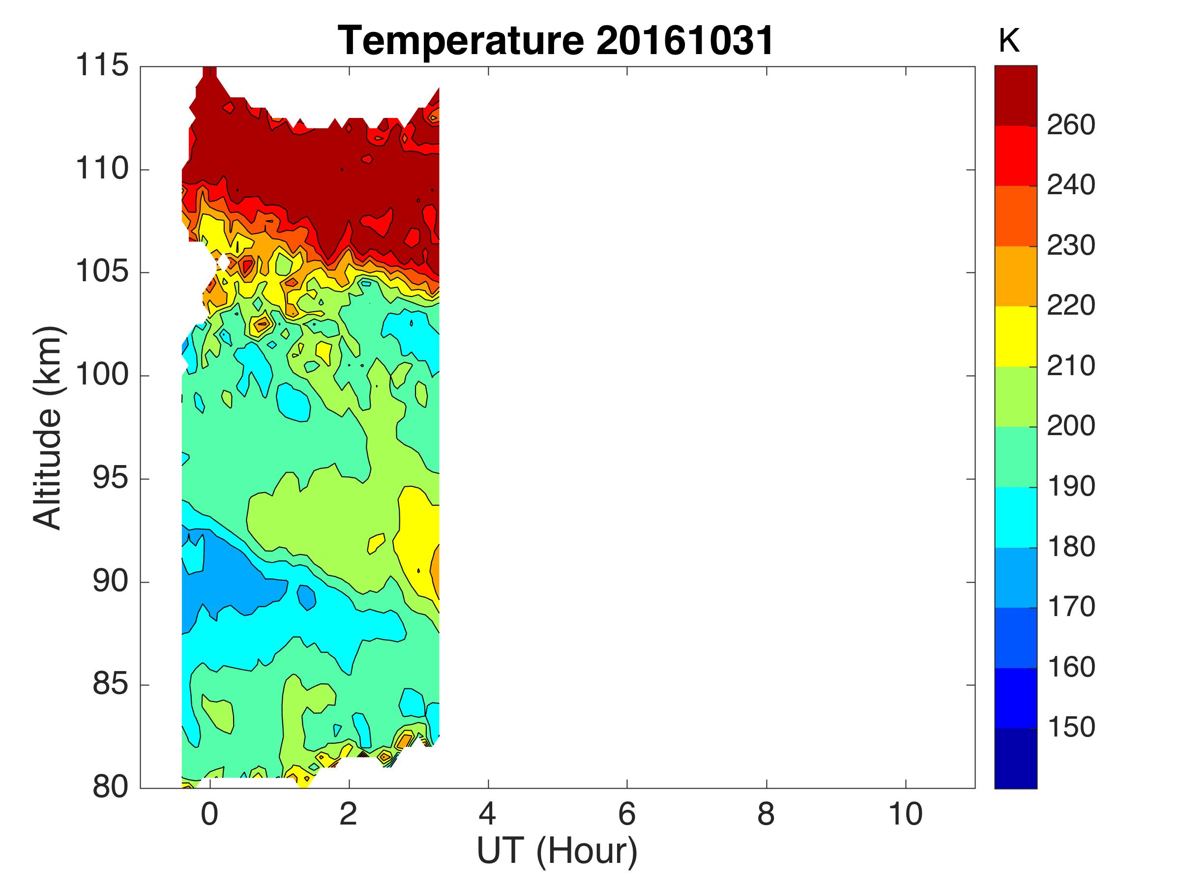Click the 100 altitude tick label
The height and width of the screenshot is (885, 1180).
click(x=102, y=375)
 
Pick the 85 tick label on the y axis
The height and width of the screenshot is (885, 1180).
click(x=111, y=684)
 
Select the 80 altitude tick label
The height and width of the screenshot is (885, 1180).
click(x=111, y=787)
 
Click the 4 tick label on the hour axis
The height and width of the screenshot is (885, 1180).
click(x=488, y=815)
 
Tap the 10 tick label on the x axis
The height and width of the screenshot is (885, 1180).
click(x=905, y=815)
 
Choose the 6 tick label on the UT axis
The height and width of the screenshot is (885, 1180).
click(x=627, y=815)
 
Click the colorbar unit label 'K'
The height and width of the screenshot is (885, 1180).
click(x=1009, y=41)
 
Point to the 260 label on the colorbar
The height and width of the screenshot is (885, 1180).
click(x=1071, y=125)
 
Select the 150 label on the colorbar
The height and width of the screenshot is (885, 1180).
click(x=1071, y=728)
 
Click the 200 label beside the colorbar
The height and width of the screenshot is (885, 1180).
click(x=1071, y=426)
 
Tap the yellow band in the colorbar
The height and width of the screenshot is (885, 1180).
click(x=1016, y=336)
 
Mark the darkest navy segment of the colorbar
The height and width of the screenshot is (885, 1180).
click(x=1016, y=758)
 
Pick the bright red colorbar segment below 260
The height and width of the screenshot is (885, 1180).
click(x=1016, y=155)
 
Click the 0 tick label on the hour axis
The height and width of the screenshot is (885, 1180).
click(x=209, y=815)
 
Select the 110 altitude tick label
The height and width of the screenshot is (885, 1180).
click(x=102, y=169)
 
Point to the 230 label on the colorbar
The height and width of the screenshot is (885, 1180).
click(x=1071, y=246)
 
